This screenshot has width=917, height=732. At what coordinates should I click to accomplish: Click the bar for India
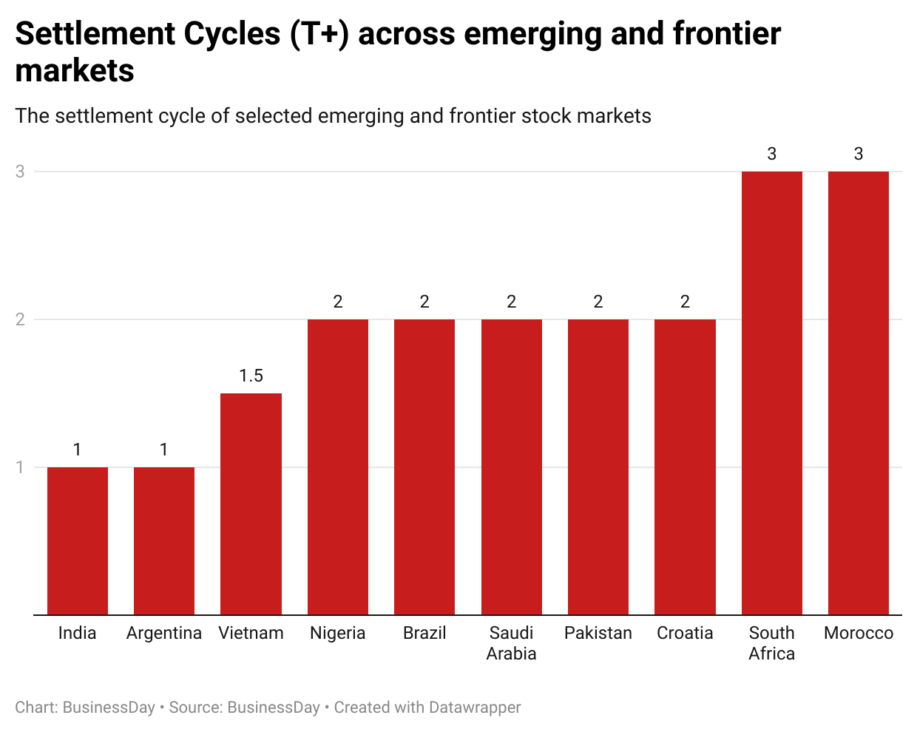tap(78, 540)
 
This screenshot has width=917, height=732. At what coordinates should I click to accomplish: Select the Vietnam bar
tap(251, 504)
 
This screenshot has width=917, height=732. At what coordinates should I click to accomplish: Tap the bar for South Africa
tap(772, 393)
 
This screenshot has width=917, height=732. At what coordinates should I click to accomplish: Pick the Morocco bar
tap(859, 393)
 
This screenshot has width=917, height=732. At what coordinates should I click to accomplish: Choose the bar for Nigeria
tap(338, 467)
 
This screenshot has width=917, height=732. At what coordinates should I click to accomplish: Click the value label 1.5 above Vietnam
tap(251, 376)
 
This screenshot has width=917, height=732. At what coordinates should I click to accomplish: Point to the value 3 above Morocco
tap(859, 154)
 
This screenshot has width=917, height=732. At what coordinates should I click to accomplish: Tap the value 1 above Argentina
tap(164, 450)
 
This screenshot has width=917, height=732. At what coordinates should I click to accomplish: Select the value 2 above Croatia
tap(685, 302)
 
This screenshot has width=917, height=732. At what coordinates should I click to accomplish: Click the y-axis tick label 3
tap(20, 172)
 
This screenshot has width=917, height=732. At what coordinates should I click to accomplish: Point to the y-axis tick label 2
tap(20, 319)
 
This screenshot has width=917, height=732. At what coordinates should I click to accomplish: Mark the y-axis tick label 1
tap(20, 467)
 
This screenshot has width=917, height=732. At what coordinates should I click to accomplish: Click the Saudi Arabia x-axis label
tap(511, 643)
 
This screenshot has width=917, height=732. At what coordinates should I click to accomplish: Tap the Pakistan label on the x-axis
tap(598, 633)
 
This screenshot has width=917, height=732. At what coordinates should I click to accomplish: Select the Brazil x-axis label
tap(424, 633)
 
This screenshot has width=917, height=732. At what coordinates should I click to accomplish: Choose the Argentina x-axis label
tap(164, 633)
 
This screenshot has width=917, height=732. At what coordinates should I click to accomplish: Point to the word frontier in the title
tap(726, 34)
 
